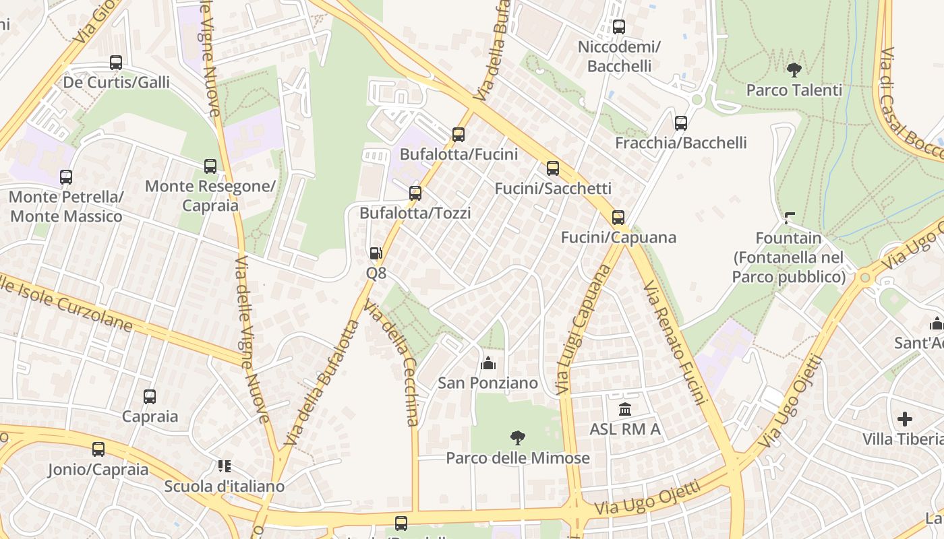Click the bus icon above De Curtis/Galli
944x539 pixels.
pos(116,63)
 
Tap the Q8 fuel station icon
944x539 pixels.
pos(376,253)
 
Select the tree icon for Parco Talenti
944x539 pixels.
pos(794,69)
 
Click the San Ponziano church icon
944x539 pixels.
pos(488,364)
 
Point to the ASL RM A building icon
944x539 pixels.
pos(624,409)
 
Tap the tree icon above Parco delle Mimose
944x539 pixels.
pos(517,438)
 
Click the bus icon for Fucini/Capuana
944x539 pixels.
pos(618,218)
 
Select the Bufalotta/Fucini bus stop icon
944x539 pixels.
pos(459,134)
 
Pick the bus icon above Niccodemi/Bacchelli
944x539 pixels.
pos(619,27)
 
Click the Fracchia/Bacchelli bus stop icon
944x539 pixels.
pos(681,123)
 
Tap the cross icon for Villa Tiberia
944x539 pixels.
pos(904,419)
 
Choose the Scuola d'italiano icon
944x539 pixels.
pos(225,466)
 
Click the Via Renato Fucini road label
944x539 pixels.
pos(674,343)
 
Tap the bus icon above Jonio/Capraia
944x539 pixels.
pos(98,449)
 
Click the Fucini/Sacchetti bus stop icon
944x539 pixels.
pos(553,168)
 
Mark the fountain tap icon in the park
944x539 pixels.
pos(789,218)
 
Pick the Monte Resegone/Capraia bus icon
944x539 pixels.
pos(210,166)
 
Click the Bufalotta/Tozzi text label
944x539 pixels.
pos(415,213)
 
